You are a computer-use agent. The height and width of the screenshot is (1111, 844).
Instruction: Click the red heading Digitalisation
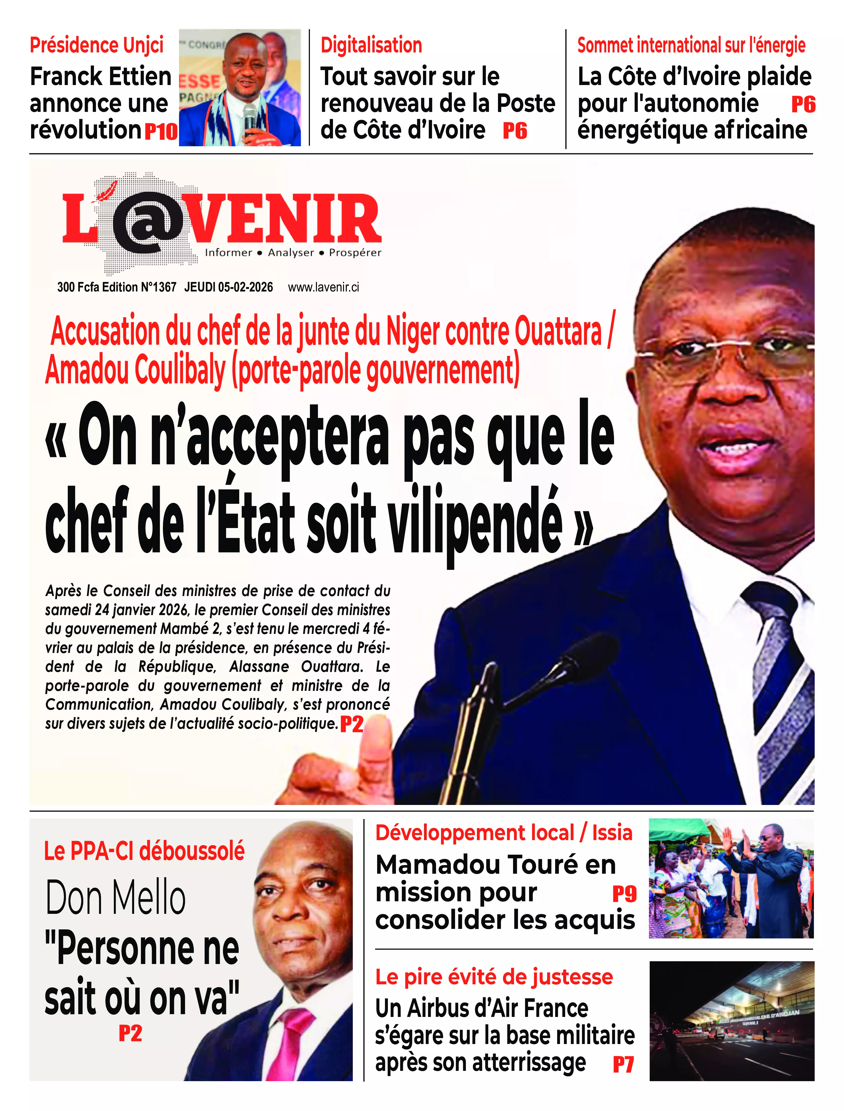click(371, 45)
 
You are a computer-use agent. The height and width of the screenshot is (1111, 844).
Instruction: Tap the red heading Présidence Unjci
click(97, 45)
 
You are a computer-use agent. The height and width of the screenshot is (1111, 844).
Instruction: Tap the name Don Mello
click(116, 898)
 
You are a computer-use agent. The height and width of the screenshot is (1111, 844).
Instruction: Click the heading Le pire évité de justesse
click(494, 976)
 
